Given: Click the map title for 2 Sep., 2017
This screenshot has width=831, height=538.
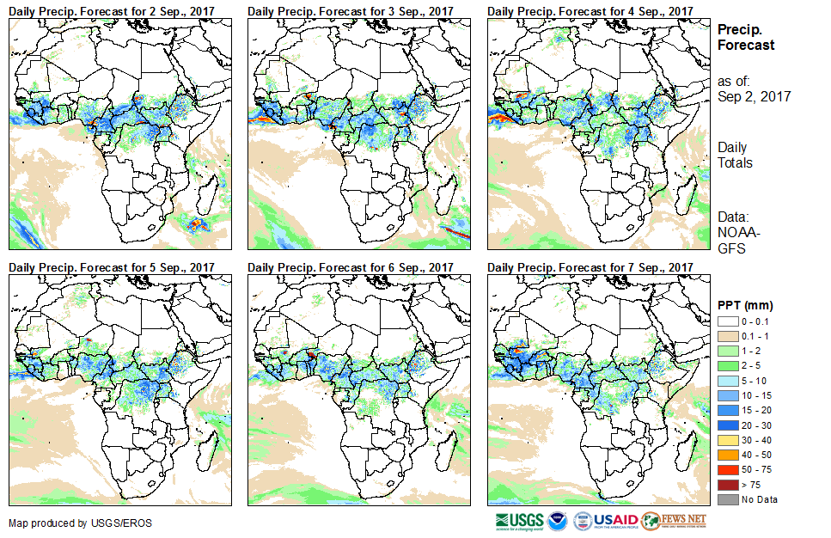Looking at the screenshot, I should coord(112,10).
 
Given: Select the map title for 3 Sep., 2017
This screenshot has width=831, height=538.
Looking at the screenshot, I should coord(351,10).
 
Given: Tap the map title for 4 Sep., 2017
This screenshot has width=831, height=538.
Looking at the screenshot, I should coord(590,10).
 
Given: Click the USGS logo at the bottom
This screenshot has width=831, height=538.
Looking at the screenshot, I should coord(520,521).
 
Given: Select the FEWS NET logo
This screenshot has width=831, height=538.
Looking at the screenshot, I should coord(675,521).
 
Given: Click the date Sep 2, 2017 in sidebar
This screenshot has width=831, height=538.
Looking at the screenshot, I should coord(754,96).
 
